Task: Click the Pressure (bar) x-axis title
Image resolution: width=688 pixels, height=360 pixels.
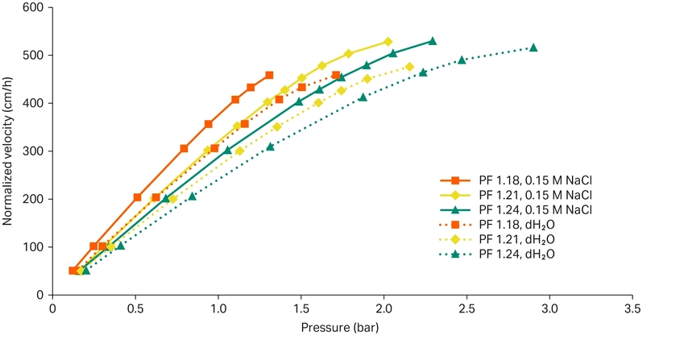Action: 339,328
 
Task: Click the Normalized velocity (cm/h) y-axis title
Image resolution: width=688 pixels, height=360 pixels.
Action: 10,151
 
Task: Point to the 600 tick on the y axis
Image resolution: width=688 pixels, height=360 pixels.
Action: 38,8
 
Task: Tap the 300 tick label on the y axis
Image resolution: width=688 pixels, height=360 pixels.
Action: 38,151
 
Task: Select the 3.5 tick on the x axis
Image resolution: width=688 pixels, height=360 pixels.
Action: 632,308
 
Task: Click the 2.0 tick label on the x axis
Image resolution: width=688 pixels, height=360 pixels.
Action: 384,308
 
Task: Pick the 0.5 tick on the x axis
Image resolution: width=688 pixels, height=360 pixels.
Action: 135,308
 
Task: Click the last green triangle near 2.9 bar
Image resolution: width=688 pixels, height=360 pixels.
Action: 533,48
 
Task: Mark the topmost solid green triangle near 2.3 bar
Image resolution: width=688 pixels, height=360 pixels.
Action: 433,41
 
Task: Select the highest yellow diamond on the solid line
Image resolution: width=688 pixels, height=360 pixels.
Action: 388,42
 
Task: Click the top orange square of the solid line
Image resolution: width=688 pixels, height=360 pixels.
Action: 269,75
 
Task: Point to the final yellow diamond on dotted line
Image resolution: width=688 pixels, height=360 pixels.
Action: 409,67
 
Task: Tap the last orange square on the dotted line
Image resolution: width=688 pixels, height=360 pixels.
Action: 336,75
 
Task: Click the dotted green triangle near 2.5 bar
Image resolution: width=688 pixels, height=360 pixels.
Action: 462,60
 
